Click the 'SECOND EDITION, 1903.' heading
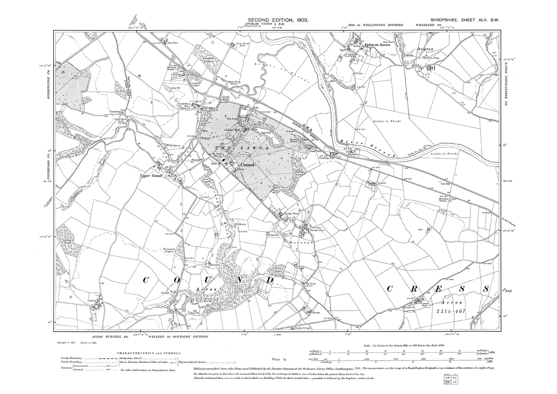pyautogui.click(x=278, y=19)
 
